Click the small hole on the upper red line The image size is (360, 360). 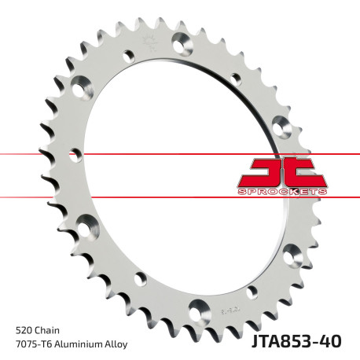(x=76, y=152)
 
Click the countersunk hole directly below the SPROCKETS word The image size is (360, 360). (x=292, y=254)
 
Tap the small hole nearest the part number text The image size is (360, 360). (x=252, y=292)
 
